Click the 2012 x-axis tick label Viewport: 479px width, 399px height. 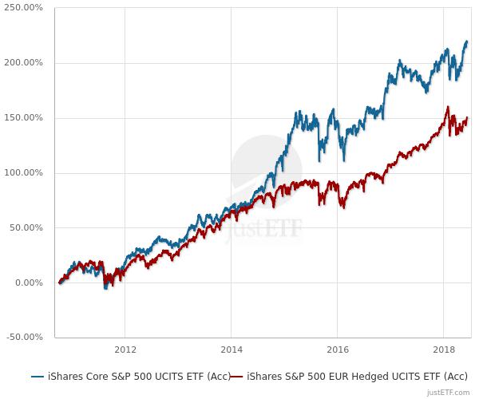pyautogui.click(x=125, y=350)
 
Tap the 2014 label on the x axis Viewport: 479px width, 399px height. pyautogui.click(x=231, y=350)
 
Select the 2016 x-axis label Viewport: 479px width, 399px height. pyautogui.click(x=337, y=350)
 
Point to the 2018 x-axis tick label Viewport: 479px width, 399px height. pyautogui.click(x=443, y=350)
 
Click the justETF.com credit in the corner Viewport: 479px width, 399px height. pyautogui.click(x=449, y=392)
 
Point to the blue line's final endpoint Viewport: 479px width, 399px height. pyautogui.click(x=467, y=41)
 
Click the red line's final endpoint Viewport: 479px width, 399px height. pyautogui.click(x=467, y=118)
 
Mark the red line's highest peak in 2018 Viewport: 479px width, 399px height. pyautogui.click(x=448, y=107)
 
